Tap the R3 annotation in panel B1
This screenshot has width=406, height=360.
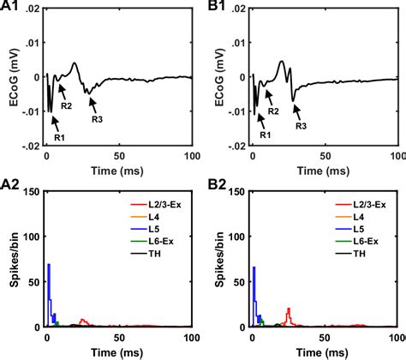[x=302, y=126]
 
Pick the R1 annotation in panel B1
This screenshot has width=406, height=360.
[x=265, y=135]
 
